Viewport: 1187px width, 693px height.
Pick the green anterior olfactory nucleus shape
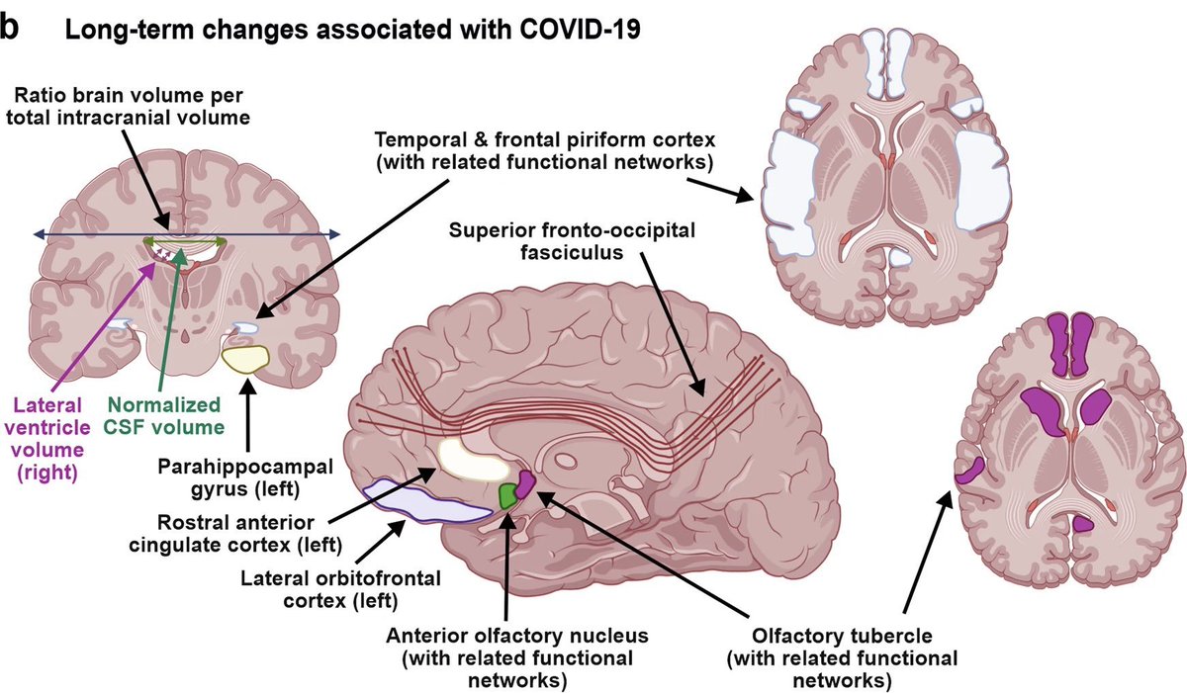(508, 493)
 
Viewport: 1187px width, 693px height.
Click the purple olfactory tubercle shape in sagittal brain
(525, 481)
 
